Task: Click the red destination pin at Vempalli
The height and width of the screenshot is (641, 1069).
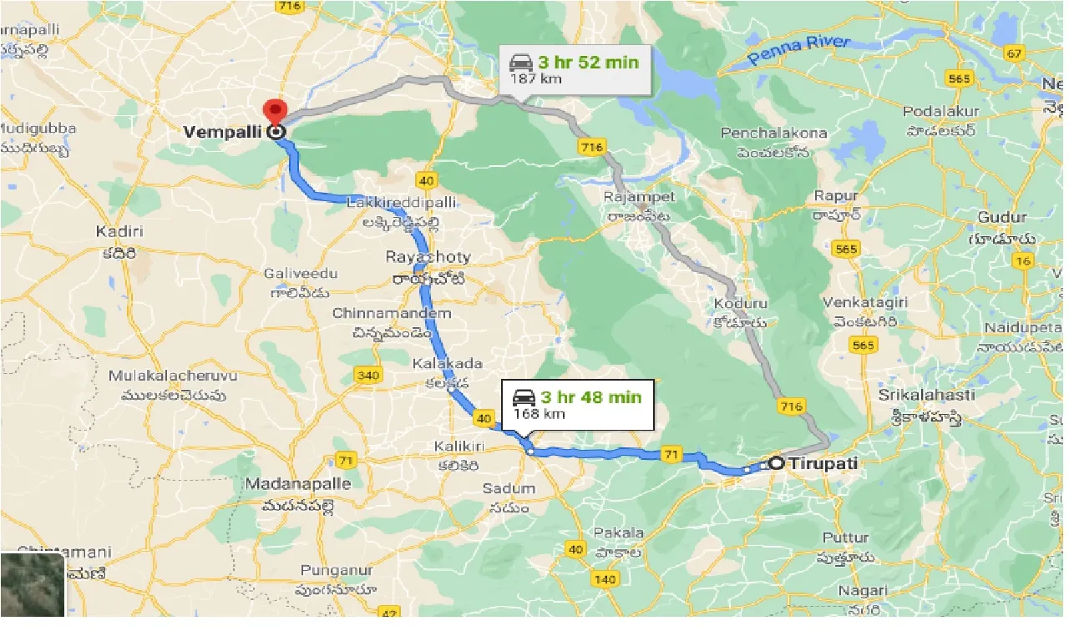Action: click(x=274, y=112)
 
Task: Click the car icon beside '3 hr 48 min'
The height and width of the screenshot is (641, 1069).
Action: click(x=524, y=396)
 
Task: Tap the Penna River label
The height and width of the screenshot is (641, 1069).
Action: click(x=798, y=50)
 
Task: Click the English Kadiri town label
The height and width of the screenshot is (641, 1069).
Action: click(x=120, y=231)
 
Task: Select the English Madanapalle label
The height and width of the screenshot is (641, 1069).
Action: click(x=298, y=484)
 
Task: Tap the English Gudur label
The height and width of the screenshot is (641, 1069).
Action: click(x=1002, y=217)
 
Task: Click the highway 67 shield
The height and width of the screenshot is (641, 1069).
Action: click(x=1015, y=54)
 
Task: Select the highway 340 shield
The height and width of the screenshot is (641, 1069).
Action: click(x=367, y=375)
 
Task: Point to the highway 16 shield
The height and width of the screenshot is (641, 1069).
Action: click(x=1021, y=261)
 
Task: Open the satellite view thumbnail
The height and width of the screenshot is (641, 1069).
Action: click(x=33, y=584)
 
